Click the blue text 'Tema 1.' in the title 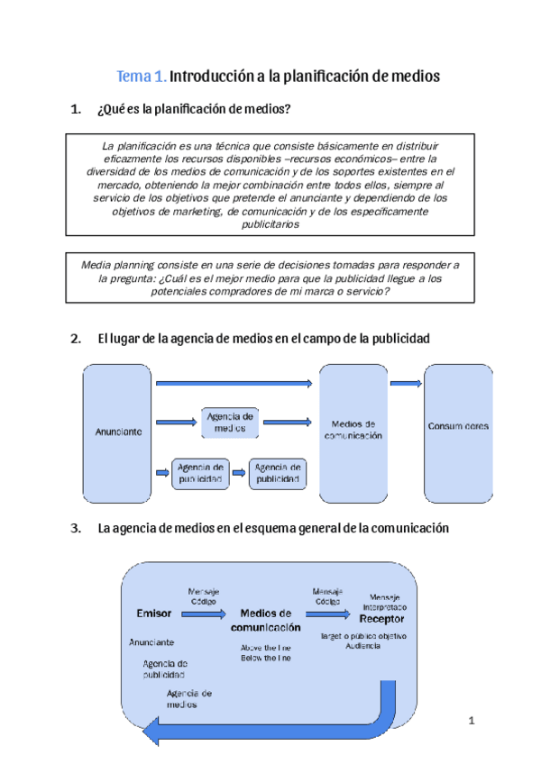pyautogui.click(x=142, y=77)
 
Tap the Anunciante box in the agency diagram pyautogui.click(x=118, y=432)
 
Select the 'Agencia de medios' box pyautogui.click(x=230, y=422)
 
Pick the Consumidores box pyautogui.click(x=458, y=426)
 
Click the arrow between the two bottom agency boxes pyautogui.click(x=239, y=472)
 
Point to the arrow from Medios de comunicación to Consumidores pyautogui.click(x=406, y=384)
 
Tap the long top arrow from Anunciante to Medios pyautogui.click(x=234, y=384)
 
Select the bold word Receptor pyautogui.click(x=382, y=620)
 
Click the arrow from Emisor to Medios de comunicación pyautogui.click(x=204, y=614)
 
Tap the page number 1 pyautogui.click(x=472, y=721)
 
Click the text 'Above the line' pyautogui.click(x=265, y=648)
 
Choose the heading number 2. pyautogui.click(x=75, y=339)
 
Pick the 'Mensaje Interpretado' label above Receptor pyautogui.click(x=390, y=603)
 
